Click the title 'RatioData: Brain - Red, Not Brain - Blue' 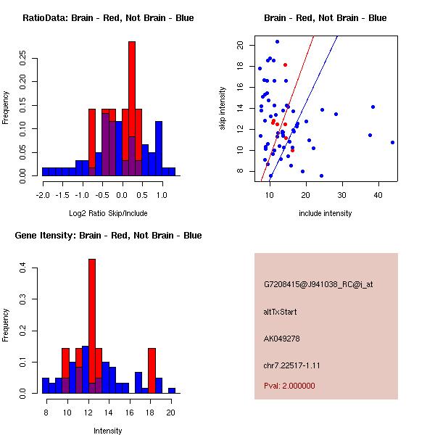108,18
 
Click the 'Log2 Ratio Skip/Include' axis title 108,213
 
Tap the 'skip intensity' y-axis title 223,109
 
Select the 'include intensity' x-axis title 326,213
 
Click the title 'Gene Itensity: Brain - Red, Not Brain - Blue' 108,236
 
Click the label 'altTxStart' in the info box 281,312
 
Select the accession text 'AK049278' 282,338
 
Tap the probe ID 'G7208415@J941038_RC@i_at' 318,285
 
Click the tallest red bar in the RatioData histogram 132,109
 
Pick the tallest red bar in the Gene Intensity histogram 92,326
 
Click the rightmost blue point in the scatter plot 392,142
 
